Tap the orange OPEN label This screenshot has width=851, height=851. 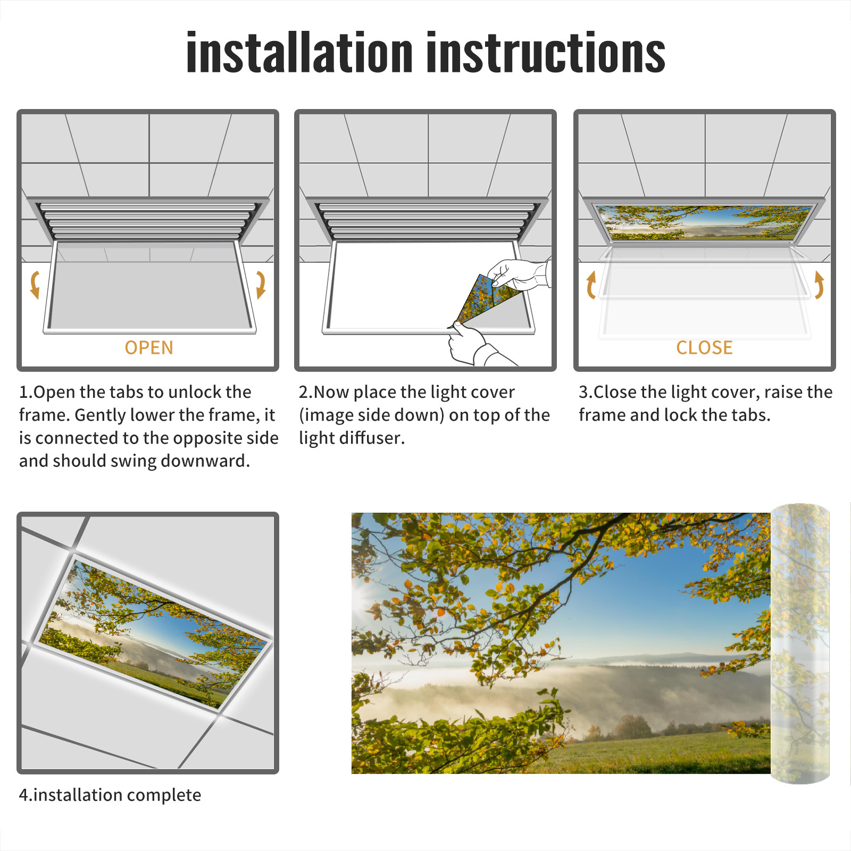(149, 347)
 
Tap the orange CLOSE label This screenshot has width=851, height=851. (704, 347)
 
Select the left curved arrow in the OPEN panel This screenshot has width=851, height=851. (35, 285)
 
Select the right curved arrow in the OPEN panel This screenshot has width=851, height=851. (261, 285)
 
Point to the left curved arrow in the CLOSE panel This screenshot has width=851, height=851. (591, 285)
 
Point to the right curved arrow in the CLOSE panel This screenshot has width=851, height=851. (819, 285)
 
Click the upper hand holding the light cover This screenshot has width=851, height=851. (519, 274)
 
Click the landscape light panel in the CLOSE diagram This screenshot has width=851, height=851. (704, 222)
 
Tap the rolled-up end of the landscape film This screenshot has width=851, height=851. (800, 644)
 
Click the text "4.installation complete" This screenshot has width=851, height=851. (110, 795)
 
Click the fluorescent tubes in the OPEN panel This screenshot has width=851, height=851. (148, 221)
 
